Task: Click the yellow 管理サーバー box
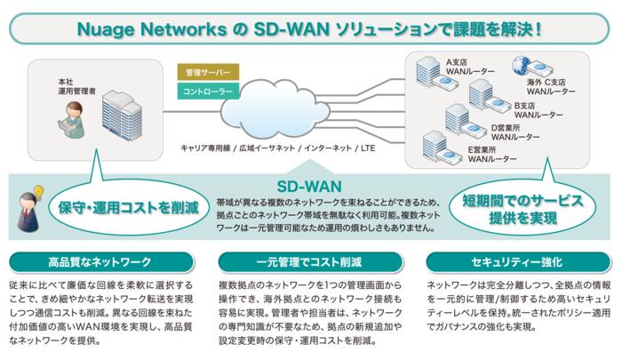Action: coord(207,72)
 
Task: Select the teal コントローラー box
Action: coord(207,92)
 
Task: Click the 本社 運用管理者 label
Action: coord(70,87)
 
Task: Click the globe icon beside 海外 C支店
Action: coord(520,64)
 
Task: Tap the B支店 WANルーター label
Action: coord(533,111)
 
